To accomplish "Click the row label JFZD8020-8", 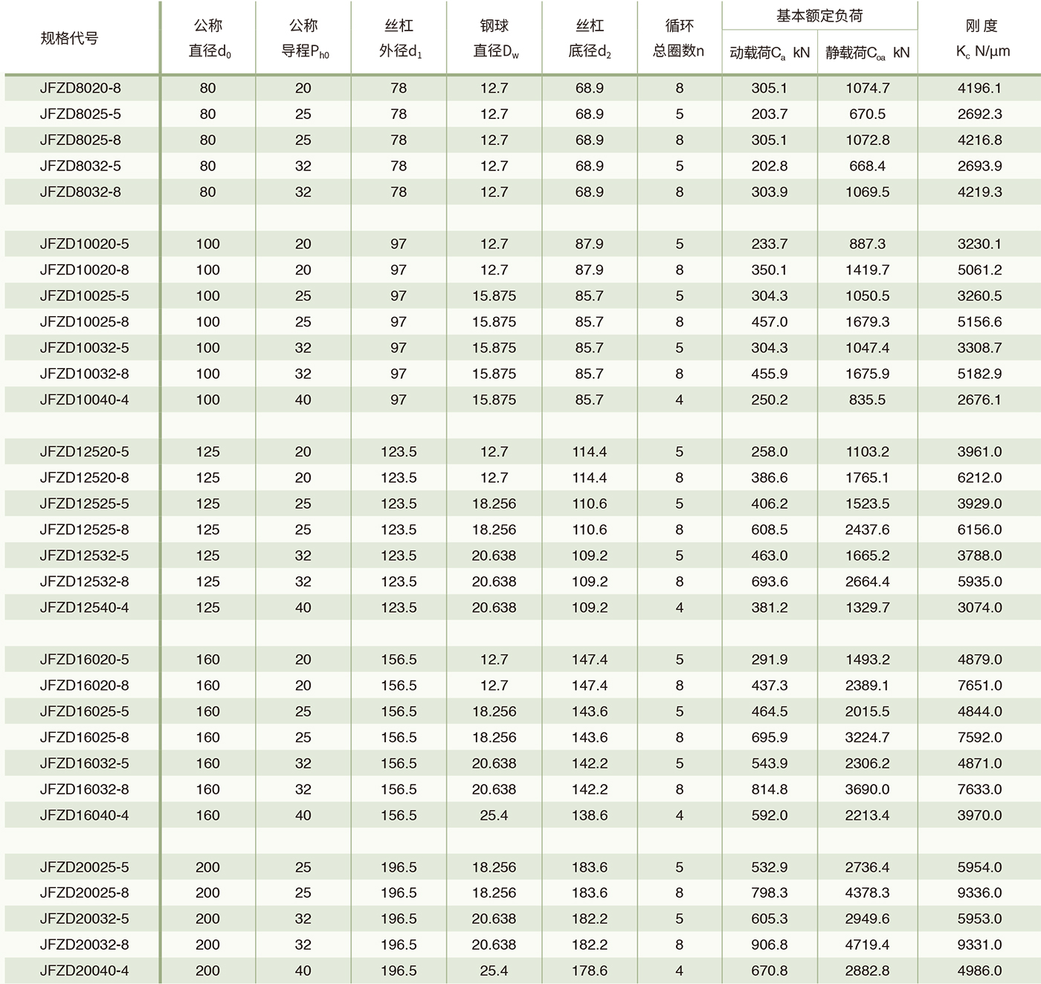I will [80, 88].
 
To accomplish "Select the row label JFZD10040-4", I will [84, 399].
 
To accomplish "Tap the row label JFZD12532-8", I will [84, 582].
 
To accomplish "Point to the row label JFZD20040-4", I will [84, 971].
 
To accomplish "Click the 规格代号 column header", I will [69, 38].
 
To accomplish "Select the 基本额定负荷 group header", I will [819, 16].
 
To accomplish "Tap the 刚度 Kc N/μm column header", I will [980, 38].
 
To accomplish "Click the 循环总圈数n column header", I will [679, 38].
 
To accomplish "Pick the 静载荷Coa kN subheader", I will [867, 53].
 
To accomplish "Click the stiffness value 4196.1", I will [979, 88].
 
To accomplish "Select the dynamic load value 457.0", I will [769, 321].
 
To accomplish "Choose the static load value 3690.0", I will [867, 789].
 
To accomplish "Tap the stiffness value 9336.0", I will [979, 893].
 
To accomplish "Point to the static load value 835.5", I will [867, 399].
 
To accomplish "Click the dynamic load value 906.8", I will [769, 945].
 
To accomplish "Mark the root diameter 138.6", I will [589, 815].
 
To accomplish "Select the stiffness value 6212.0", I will [979, 477].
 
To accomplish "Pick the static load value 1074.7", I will [867, 88].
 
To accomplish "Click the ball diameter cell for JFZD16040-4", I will [494, 815].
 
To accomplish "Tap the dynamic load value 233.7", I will [769, 244].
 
